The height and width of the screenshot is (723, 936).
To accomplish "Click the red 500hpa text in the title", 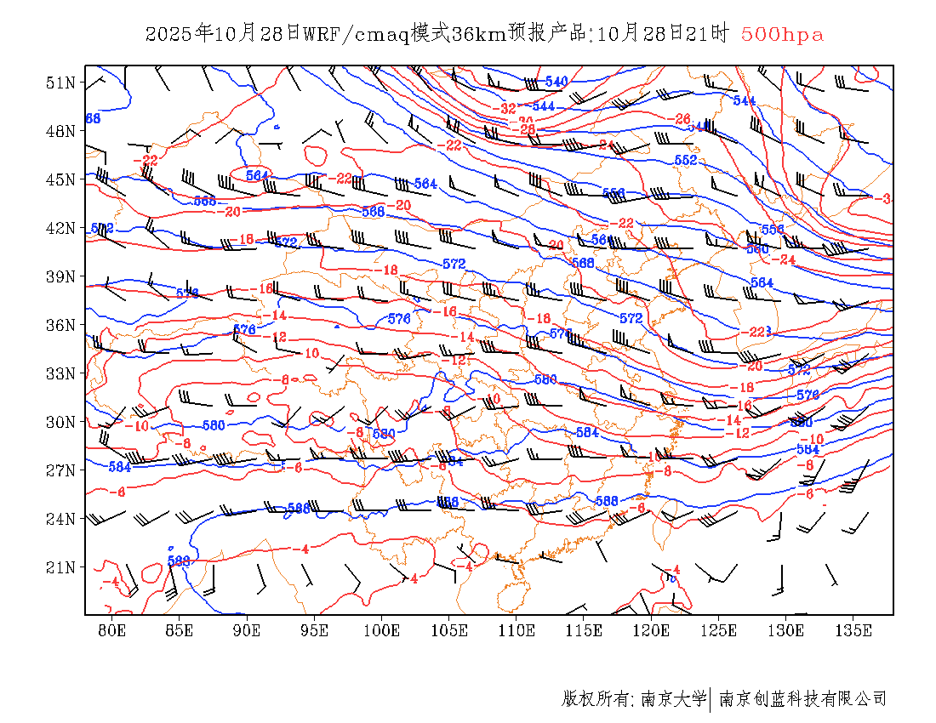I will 782,35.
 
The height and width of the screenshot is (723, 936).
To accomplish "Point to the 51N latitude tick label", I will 60,83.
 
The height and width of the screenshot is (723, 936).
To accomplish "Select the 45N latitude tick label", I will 60,179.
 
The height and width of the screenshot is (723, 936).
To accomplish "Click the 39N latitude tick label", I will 60,276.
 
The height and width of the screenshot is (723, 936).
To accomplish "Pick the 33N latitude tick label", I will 60,373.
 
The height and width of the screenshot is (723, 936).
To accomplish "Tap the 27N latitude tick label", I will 60,470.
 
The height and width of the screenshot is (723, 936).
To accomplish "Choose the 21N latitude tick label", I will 60,566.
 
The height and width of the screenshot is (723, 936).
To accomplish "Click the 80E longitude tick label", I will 112,630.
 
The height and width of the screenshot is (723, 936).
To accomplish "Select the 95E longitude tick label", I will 314,630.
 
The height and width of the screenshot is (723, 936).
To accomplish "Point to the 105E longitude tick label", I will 449,630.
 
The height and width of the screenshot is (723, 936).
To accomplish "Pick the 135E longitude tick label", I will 853,630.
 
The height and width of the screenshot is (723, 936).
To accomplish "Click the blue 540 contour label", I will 556,82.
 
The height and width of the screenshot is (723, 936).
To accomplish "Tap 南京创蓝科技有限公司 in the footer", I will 802,699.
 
